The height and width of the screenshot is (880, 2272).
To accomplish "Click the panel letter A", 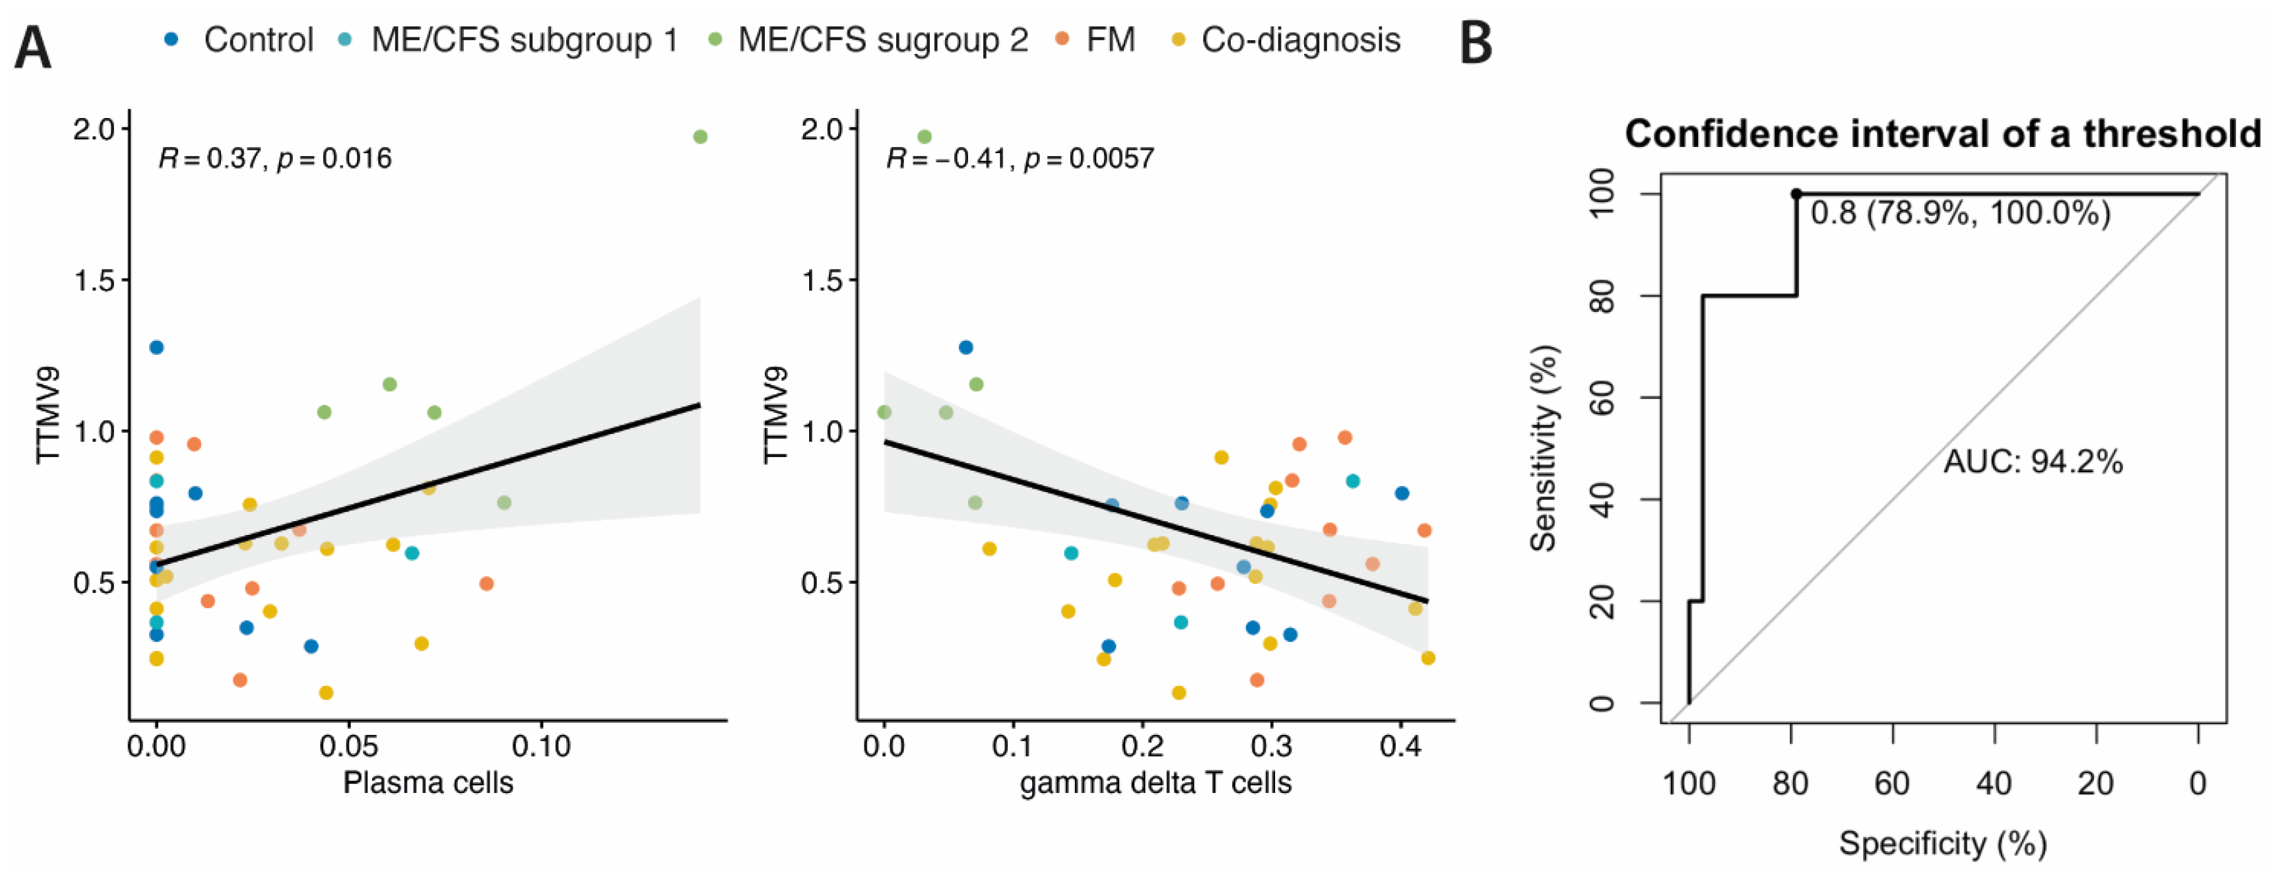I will (32, 48).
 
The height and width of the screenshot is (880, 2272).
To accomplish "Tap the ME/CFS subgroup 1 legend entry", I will (509, 39).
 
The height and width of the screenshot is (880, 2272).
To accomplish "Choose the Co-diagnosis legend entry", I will (1288, 39).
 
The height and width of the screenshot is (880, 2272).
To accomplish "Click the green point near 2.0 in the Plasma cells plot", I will (700, 137).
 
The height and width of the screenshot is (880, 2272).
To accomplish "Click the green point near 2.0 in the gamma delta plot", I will (924, 137).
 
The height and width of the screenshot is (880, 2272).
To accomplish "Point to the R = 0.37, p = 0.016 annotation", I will (274, 159).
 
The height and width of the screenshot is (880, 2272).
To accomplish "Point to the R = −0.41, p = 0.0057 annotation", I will (1020, 159).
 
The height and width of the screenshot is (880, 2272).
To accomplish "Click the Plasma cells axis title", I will (428, 782).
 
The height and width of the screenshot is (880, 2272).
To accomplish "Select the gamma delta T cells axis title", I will (1156, 782).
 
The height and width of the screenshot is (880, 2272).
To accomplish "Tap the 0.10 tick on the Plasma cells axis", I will (541, 746).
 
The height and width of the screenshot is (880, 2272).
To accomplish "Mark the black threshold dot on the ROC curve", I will (1796, 194).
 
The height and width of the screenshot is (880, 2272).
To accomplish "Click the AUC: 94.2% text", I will (2033, 461).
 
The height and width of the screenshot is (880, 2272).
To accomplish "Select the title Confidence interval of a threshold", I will (1943, 135).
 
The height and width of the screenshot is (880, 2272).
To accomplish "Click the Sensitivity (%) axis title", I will (1544, 448).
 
